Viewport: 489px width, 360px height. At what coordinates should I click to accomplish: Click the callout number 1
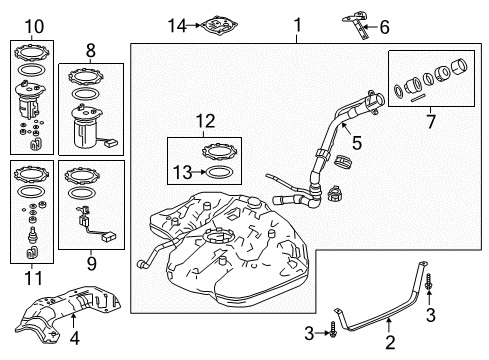click(x=296, y=23)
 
